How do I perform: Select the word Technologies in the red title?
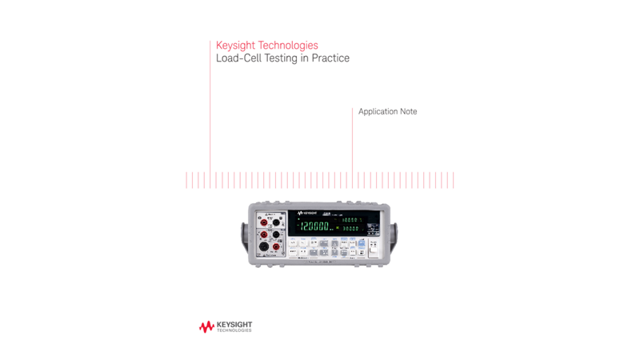pyautogui.click(x=288, y=46)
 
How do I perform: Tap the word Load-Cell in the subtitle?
pyautogui.click(x=239, y=58)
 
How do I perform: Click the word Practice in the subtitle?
pyautogui.click(x=330, y=58)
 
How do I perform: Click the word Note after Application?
pyautogui.click(x=409, y=111)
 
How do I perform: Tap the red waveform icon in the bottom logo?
pyautogui.click(x=206, y=326)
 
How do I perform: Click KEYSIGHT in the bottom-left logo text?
pyautogui.click(x=234, y=325)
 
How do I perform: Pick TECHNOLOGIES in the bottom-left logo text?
pyautogui.click(x=234, y=330)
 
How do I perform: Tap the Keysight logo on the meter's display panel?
pyautogui.click(x=307, y=214)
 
